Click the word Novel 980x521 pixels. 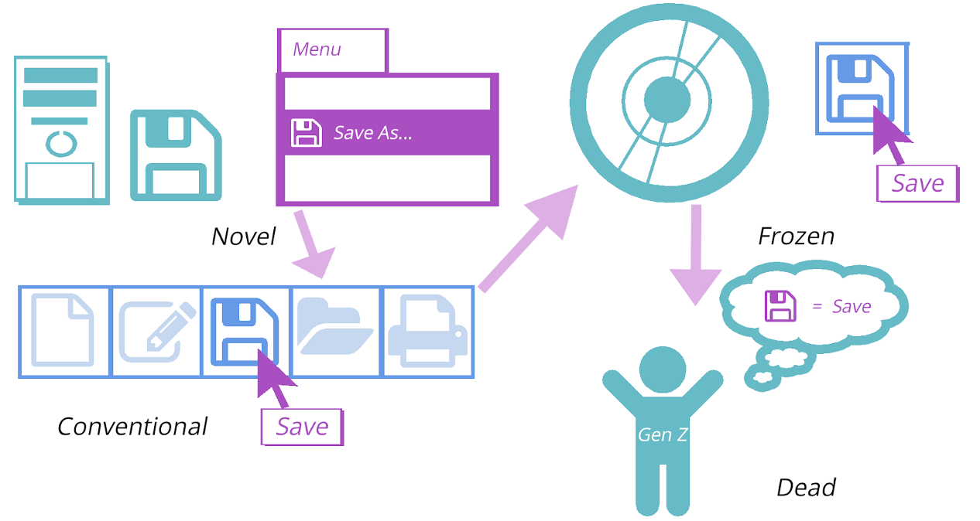pos(244,236)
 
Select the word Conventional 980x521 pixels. pos(132,426)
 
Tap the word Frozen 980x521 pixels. pos(796,236)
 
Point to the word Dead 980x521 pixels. pos(806,487)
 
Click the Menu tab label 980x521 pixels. pos(317,49)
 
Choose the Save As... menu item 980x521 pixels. pos(372,133)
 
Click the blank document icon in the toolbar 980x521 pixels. pos(64,331)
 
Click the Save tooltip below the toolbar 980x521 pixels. pos(302,427)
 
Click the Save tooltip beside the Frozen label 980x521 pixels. pos(917,183)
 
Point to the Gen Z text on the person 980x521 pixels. pos(662,435)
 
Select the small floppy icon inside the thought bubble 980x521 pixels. pos(780,306)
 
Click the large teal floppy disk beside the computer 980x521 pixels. pos(176,155)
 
